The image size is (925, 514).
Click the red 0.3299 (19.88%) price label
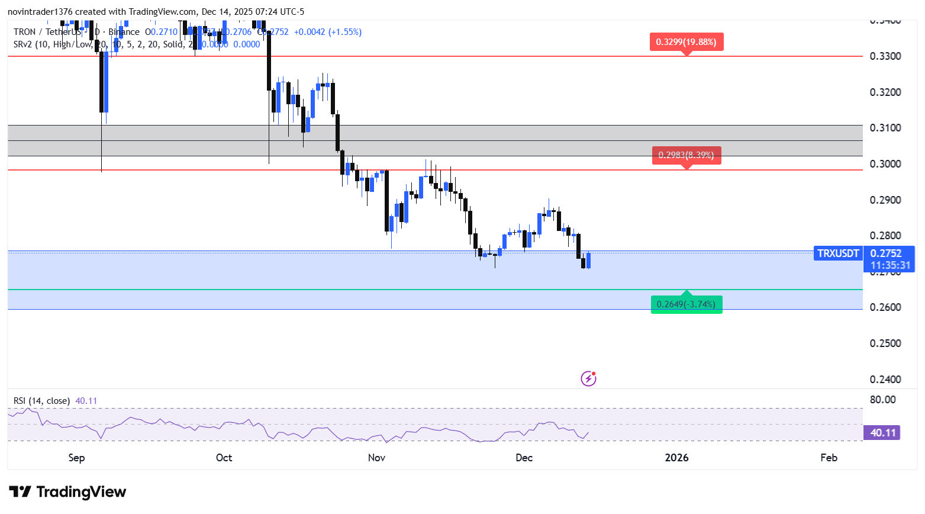point(687,42)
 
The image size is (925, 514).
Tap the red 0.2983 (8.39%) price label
point(687,155)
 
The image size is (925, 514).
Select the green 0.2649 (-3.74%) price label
point(687,304)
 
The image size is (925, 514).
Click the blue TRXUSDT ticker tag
point(838,253)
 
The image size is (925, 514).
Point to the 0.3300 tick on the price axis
point(885,56)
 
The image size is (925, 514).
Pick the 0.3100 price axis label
point(885,128)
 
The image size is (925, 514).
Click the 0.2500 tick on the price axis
point(885,343)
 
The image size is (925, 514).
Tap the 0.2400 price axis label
point(885,380)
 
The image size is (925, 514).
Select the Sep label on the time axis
point(76,458)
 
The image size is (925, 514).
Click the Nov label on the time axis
point(376,458)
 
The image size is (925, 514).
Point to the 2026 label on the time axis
point(676,458)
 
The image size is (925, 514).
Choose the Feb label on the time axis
point(829,458)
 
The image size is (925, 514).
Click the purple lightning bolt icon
point(588,378)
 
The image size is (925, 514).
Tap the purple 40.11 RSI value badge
point(882,433)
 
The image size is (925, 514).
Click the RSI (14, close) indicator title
point(41,401)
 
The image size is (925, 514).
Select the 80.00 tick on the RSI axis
point(883,400)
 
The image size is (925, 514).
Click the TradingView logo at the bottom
point(67,492)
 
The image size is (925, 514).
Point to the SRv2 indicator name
point(23,44)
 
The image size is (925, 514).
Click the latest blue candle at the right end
point(588,260)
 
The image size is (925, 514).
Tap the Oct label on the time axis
point(224,458)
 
